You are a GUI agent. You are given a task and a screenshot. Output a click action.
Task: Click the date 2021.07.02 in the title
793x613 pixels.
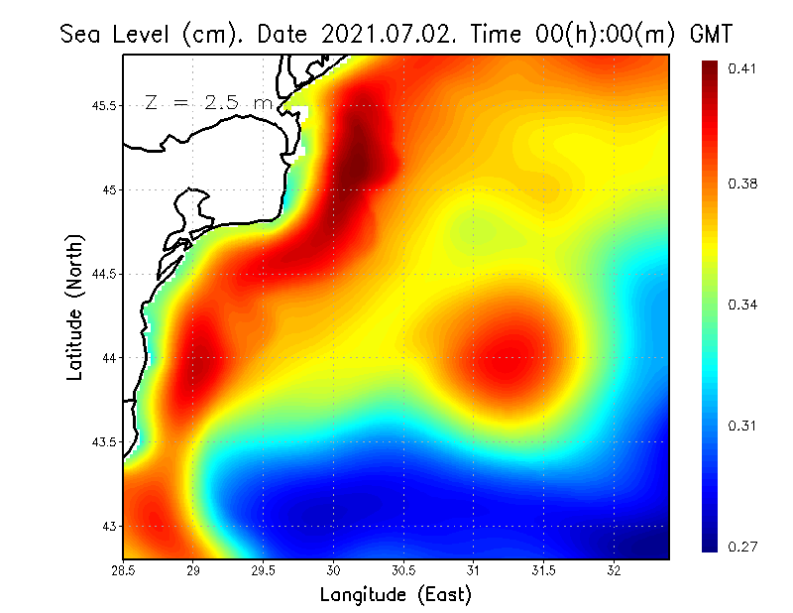(386, 34)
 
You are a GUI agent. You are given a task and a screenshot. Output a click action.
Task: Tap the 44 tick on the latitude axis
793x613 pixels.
(109, 357)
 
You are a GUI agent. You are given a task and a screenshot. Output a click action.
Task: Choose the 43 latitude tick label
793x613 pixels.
(109, 526)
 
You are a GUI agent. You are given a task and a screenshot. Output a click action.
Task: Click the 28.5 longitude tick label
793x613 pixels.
(123, 570)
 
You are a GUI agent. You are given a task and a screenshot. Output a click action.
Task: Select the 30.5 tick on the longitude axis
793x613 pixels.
(403, 570)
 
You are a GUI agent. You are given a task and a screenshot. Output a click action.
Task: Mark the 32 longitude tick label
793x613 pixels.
(614, 570)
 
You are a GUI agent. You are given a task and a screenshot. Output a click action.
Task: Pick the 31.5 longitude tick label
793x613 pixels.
(543, 570)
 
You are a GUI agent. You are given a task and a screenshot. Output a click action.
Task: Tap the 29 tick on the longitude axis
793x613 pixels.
(193, 570)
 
